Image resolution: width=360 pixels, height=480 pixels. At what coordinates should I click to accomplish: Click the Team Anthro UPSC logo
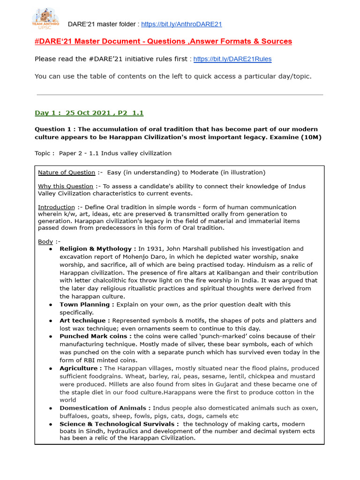point(45,18)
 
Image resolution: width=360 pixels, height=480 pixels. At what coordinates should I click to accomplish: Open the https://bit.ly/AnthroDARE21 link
point(181,24)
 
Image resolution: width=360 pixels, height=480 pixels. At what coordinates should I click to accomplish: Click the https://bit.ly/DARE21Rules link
point(232,59)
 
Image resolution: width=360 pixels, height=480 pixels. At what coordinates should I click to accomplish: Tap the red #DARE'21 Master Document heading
point(163,42)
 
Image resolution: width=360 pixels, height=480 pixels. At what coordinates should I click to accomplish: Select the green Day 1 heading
point(89,113)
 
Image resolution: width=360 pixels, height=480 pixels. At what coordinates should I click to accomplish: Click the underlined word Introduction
point(56,207)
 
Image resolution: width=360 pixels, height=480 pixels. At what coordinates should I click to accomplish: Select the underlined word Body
point(45,241)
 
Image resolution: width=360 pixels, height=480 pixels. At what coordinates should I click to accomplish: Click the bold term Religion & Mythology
point(97,249)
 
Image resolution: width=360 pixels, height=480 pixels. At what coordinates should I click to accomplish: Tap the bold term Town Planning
point(87,305)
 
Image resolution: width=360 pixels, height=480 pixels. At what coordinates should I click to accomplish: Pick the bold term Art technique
point(85,321)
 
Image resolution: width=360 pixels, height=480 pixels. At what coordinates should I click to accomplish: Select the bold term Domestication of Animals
point(105,408)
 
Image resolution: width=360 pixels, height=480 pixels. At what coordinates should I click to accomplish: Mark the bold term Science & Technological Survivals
point(119,424)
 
